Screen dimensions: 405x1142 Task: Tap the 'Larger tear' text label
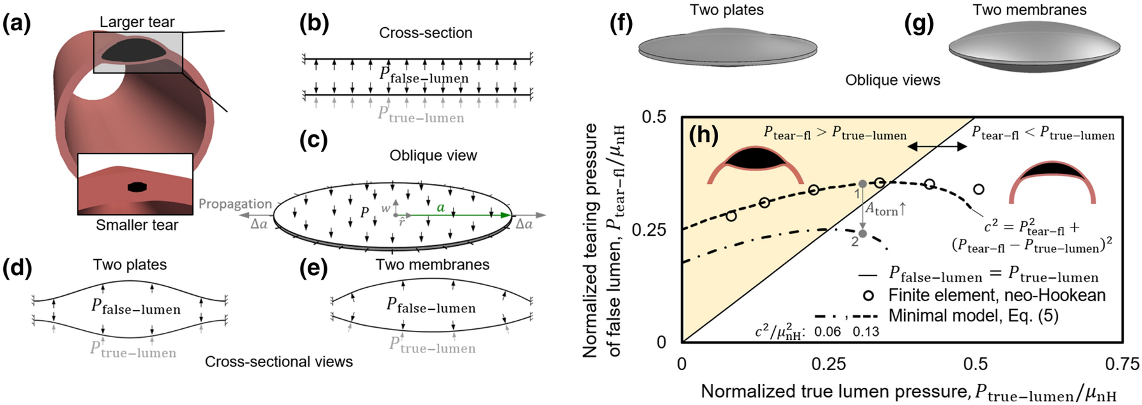point(136,22)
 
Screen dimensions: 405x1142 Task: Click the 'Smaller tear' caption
point(136,225)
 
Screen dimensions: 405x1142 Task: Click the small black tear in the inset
point(136,187)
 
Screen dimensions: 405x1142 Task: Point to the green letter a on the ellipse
point(441,207)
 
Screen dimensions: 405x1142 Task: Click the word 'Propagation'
point(235,204)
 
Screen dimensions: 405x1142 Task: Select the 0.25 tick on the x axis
point(829,364)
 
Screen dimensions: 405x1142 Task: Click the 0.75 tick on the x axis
point(1122,364)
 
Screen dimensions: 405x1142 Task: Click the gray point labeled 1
point(863,184)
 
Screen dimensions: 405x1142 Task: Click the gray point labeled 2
point(863,234)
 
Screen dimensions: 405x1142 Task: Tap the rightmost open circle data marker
point(979,189)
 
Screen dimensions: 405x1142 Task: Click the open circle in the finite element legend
point(869,296)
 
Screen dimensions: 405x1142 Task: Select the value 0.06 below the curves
point(827,331)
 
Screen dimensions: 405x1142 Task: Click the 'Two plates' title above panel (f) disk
point(726,10)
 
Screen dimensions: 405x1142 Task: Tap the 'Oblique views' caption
point(893,80)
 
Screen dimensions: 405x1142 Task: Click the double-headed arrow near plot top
point(936,146)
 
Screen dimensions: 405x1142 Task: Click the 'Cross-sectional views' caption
point(279,362)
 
